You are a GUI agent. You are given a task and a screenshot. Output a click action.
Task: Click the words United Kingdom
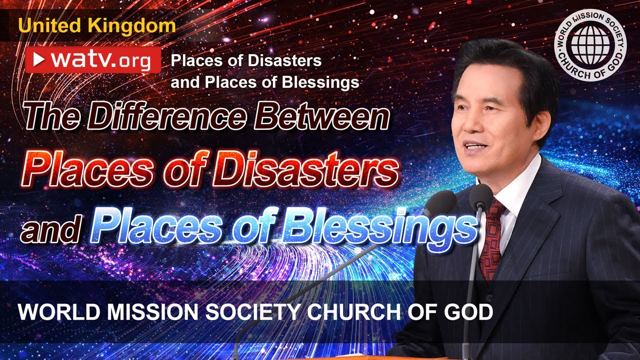coord(97,25)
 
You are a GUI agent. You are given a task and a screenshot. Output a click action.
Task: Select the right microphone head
coord(480,196)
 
